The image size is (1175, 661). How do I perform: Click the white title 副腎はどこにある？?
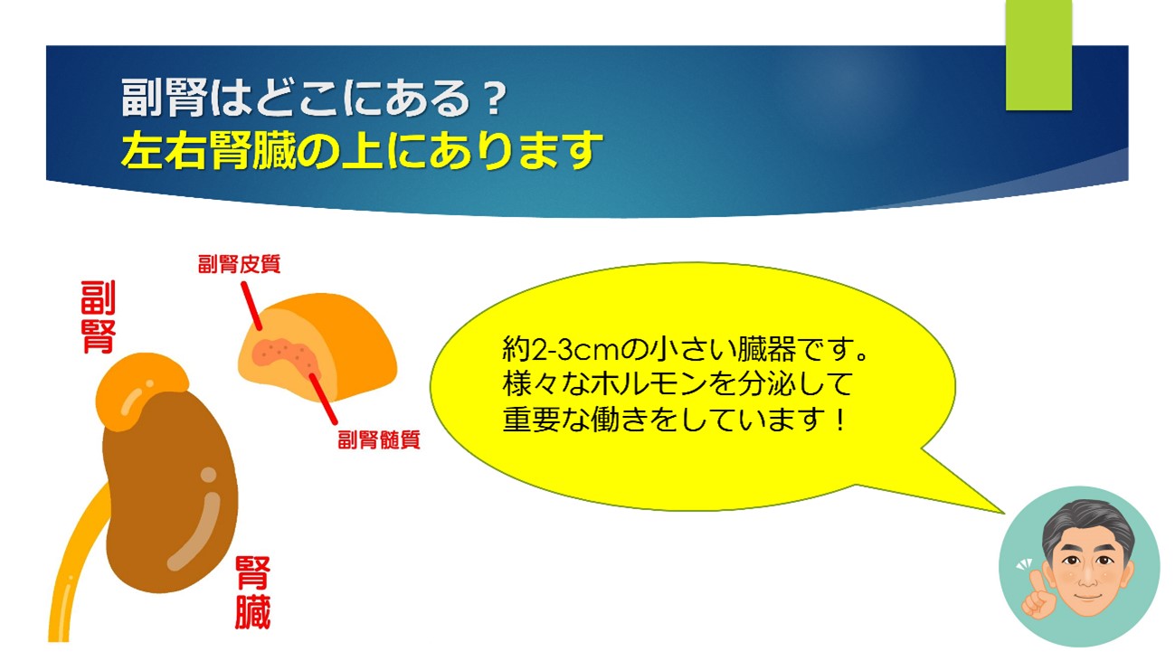coord(314,98)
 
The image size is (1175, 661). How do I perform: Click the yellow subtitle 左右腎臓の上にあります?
coord(362,151)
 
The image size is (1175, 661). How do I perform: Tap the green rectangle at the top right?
coord(1038,55)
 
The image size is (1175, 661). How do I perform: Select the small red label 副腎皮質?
coord(239,264)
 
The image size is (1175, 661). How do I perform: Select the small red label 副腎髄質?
coord(379,439)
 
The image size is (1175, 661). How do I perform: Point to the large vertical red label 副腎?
coord(98,317)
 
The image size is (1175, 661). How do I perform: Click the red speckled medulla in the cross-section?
coord(287,357)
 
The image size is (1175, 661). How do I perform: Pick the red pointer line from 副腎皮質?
coord(251,307)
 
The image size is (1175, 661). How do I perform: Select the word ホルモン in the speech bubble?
coord(649,384)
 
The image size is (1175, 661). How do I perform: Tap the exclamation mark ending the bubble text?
coord(840,420)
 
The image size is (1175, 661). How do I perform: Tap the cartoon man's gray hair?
coord(1087,524)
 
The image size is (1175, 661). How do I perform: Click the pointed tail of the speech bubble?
coord(1003,512)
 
